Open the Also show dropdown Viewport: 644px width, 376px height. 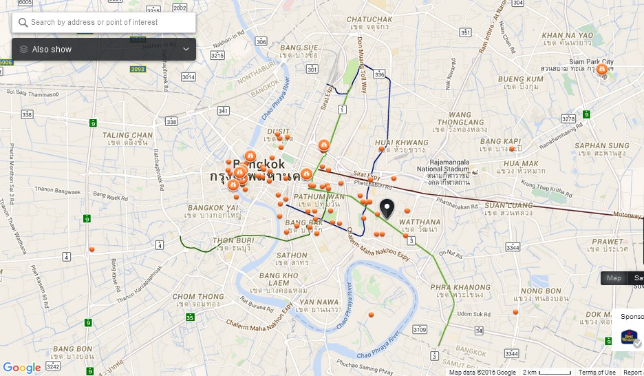[x=103, y=50]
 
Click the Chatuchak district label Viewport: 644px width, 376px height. [x=369, y=19]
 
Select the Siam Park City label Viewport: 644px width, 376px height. [x=585, y=61]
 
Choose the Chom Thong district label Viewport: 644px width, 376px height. [x=198, y=297]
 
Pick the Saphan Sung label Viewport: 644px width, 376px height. [x=602, y=145]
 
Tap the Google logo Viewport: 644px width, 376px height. [x=21, y=368]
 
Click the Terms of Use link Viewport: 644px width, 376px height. [x=597, y=373]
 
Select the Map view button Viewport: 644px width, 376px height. [x=614, y=278]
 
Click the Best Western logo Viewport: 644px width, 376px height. [x=629, y=337]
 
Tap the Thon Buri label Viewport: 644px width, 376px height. [x=234, y=240]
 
